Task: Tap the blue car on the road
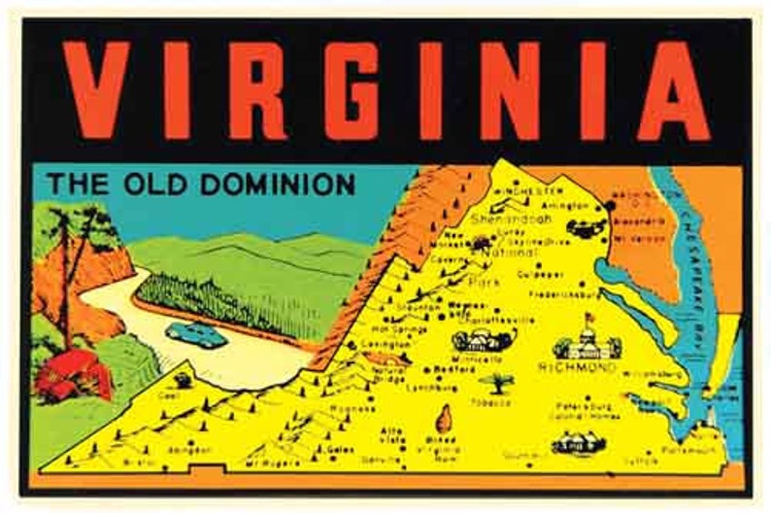pyautogui.click(x=196, y=334)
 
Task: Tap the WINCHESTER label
pyautogui.click(x=528, y=192)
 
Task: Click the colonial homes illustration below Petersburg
pyautogui.click(x=578, y=443)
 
